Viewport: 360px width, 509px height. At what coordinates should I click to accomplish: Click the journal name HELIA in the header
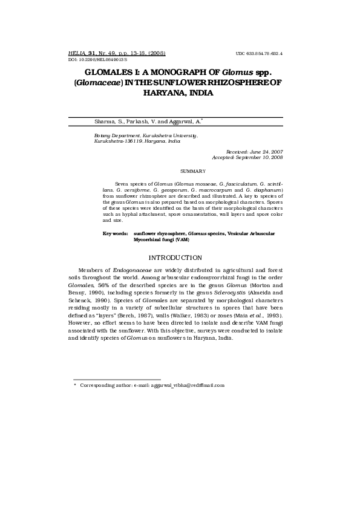point(77,53)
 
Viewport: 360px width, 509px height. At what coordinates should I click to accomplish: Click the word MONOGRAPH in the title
point(176,73)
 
